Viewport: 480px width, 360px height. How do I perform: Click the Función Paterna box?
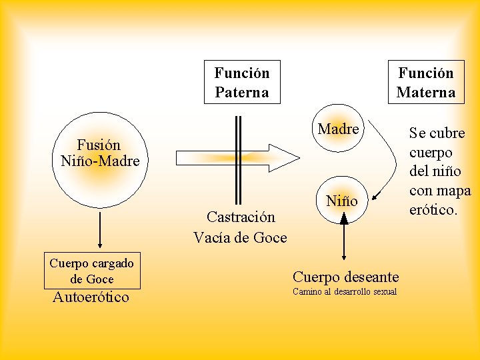tap(242, 82)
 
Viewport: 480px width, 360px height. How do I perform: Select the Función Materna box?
tap(425, 82)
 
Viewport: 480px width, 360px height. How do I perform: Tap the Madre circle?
tap(338, 129)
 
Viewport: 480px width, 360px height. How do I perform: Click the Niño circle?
tap(342, 201)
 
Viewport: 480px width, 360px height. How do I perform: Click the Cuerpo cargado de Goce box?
tap(92, 271)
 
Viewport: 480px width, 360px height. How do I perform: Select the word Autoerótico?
tap(91, 297)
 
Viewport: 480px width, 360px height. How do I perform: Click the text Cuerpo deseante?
tap(346, 277)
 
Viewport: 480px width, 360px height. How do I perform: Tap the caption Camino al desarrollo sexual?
tap(345, 292)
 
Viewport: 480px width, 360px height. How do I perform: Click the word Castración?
tap(241, 217)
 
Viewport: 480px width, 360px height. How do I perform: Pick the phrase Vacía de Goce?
tap(240, 237)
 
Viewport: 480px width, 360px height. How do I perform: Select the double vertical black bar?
tap(238, 159)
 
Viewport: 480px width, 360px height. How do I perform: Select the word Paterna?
tap(242, 92)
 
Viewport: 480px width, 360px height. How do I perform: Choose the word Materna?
tap(425, 92)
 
